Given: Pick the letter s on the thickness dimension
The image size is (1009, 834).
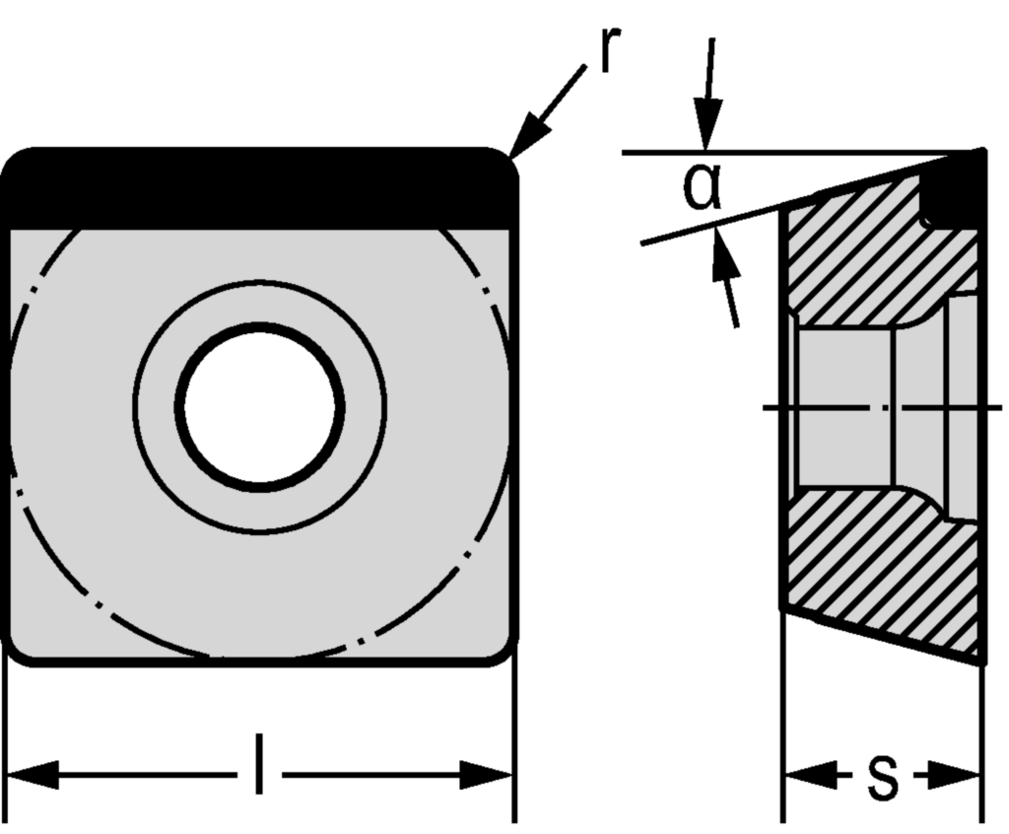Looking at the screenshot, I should [x=882, y=777].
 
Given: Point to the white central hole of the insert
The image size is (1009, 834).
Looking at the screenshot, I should [x=260, y=406].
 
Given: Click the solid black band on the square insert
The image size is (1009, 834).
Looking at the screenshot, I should [x=258, y=190].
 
